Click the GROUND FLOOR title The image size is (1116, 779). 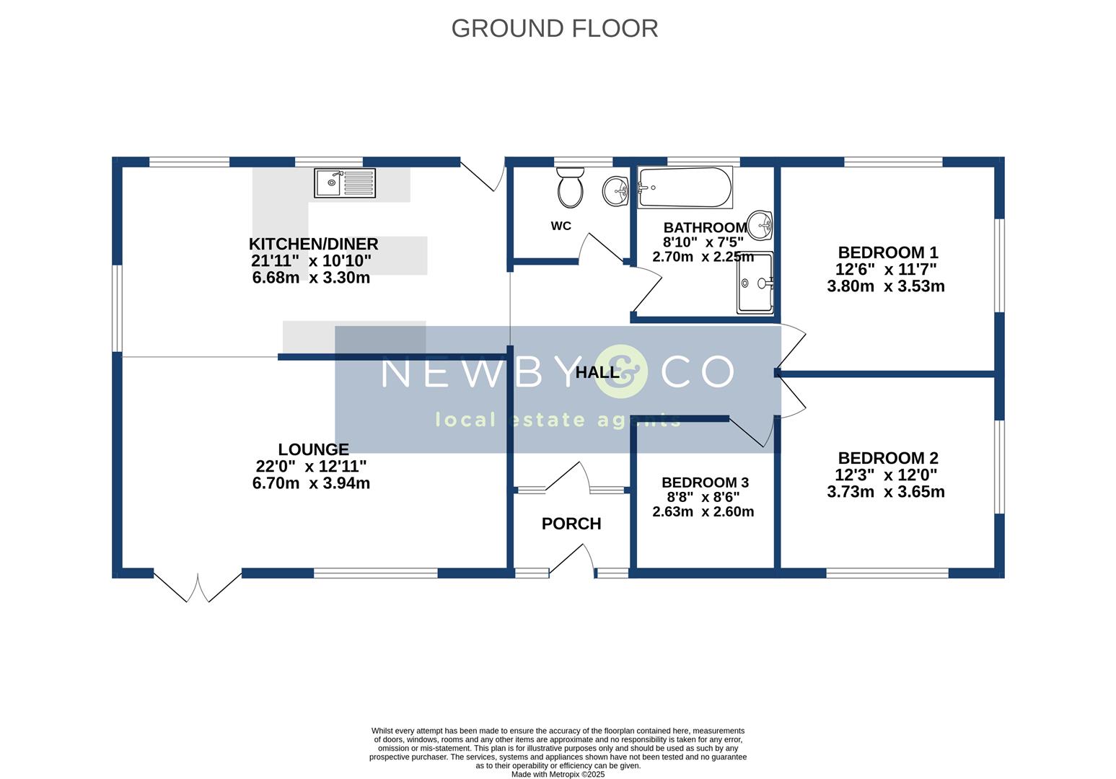tap(554, 28)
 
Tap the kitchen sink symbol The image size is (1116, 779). tap(345, 182)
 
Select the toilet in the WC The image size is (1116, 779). tap(571, 187)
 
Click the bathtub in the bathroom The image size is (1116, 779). tap(685, 188)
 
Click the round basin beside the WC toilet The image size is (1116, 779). tap(616, 191)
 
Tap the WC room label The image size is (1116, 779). tap(561, 226)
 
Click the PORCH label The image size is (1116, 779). tap(571, 524)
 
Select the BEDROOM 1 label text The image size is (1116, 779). tap(888, 252)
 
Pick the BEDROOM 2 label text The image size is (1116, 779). tap(888, 458)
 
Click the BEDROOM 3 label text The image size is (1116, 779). tap(705, 483)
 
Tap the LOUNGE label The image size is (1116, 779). tap(313, 449)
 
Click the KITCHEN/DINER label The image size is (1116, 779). tap(313, 244)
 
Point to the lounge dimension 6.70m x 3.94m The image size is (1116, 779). tap(311, 483)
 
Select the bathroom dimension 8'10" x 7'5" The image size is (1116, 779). tap(703, 242)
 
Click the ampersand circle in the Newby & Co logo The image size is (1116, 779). tap(621, 372)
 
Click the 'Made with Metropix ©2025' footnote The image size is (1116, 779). tap(558, 775)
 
